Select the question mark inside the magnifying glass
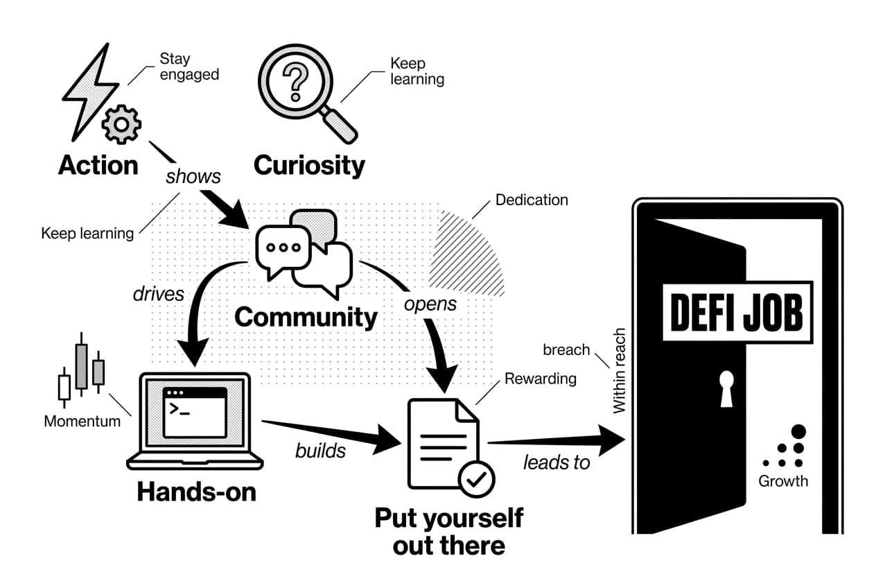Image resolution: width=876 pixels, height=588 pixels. (297, 81)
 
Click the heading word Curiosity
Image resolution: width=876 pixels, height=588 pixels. (309, 165)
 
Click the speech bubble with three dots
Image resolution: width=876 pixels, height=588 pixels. (283, 248)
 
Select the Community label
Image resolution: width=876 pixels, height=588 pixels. (306, 317)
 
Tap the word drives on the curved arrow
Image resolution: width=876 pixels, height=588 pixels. (159, 293)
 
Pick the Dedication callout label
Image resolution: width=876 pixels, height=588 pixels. (532, 200)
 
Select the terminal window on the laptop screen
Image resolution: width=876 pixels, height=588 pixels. (194, 412)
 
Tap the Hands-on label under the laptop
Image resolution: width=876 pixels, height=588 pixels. (196, 492)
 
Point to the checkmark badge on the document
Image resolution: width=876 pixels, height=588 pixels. (476, 478)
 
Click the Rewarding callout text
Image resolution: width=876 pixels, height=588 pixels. (540, 379)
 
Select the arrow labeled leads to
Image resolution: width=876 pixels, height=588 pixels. (554, 443)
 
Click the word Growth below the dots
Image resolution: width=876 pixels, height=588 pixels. (783, 481)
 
